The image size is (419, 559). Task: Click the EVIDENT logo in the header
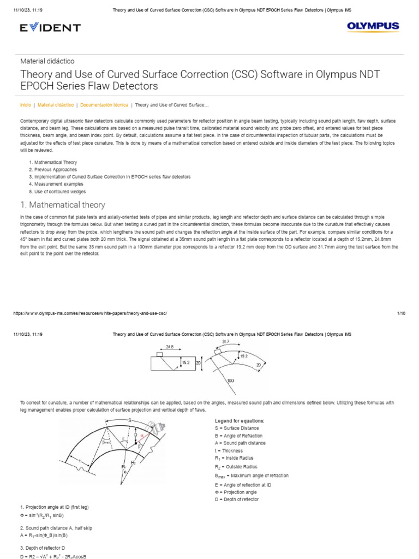(50, 27)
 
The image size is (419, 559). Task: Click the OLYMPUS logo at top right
(373, 26)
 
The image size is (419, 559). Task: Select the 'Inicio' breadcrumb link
(25, 104)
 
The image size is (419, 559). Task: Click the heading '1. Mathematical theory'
(62, 205)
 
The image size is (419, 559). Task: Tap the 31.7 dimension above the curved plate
(226, 342)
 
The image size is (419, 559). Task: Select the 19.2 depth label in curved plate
(244, 355)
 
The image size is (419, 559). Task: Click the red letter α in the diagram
(142, 436)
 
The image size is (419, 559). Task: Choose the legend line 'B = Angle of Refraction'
(239, 436)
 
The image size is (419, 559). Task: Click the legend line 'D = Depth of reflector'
(237, 499)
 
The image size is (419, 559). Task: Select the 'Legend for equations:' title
(240, 421)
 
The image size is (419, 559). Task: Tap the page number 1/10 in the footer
(401, 313)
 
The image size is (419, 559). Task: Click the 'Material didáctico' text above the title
(47, 61)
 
